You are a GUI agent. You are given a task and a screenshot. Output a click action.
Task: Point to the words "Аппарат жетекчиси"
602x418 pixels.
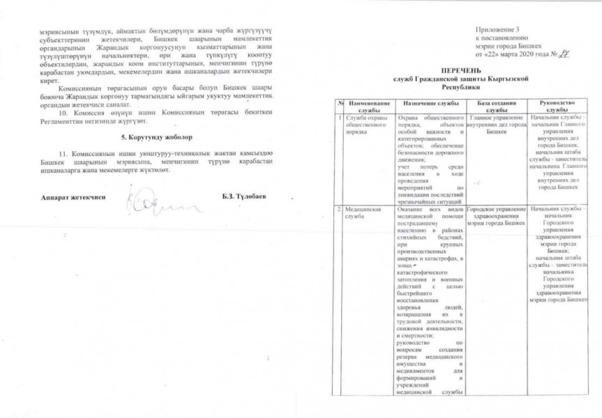pyautogui.click(x=73, y=197)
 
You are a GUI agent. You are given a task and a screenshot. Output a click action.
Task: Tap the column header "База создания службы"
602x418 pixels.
pyautogui.click(x=497, y=106)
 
